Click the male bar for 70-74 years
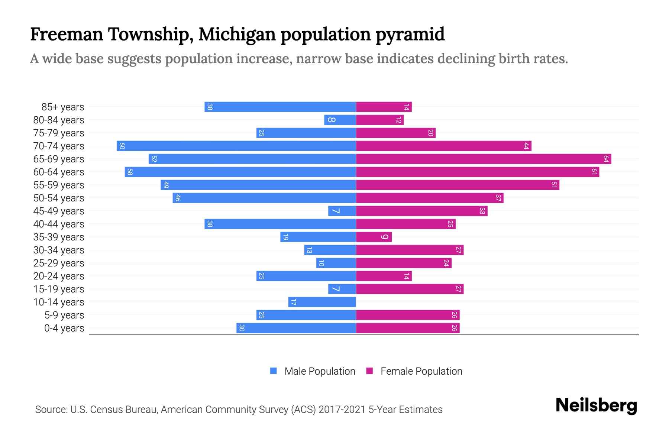(x=236, y=146)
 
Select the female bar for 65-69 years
(x=483, y=159)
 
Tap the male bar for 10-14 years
(x=322, y=302)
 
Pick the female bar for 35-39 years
(x=374, y=237)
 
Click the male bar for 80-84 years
(x=340, y=120)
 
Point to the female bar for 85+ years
(x=384, y=107)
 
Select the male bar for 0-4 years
(x=296, y=328)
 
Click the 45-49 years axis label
(x=59, y=211)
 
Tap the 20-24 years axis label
(x=59, y=276)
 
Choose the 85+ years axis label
(x=63, y=107)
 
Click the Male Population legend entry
(x=319, y=371)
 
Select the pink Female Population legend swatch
(x=369, y=371)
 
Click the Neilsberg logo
(x=596, y=406)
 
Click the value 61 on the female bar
(x=594, y=172)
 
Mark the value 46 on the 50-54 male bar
(x=178, y=198)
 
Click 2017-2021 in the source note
(x=342, y=410)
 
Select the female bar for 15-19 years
(x=410, y=289)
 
